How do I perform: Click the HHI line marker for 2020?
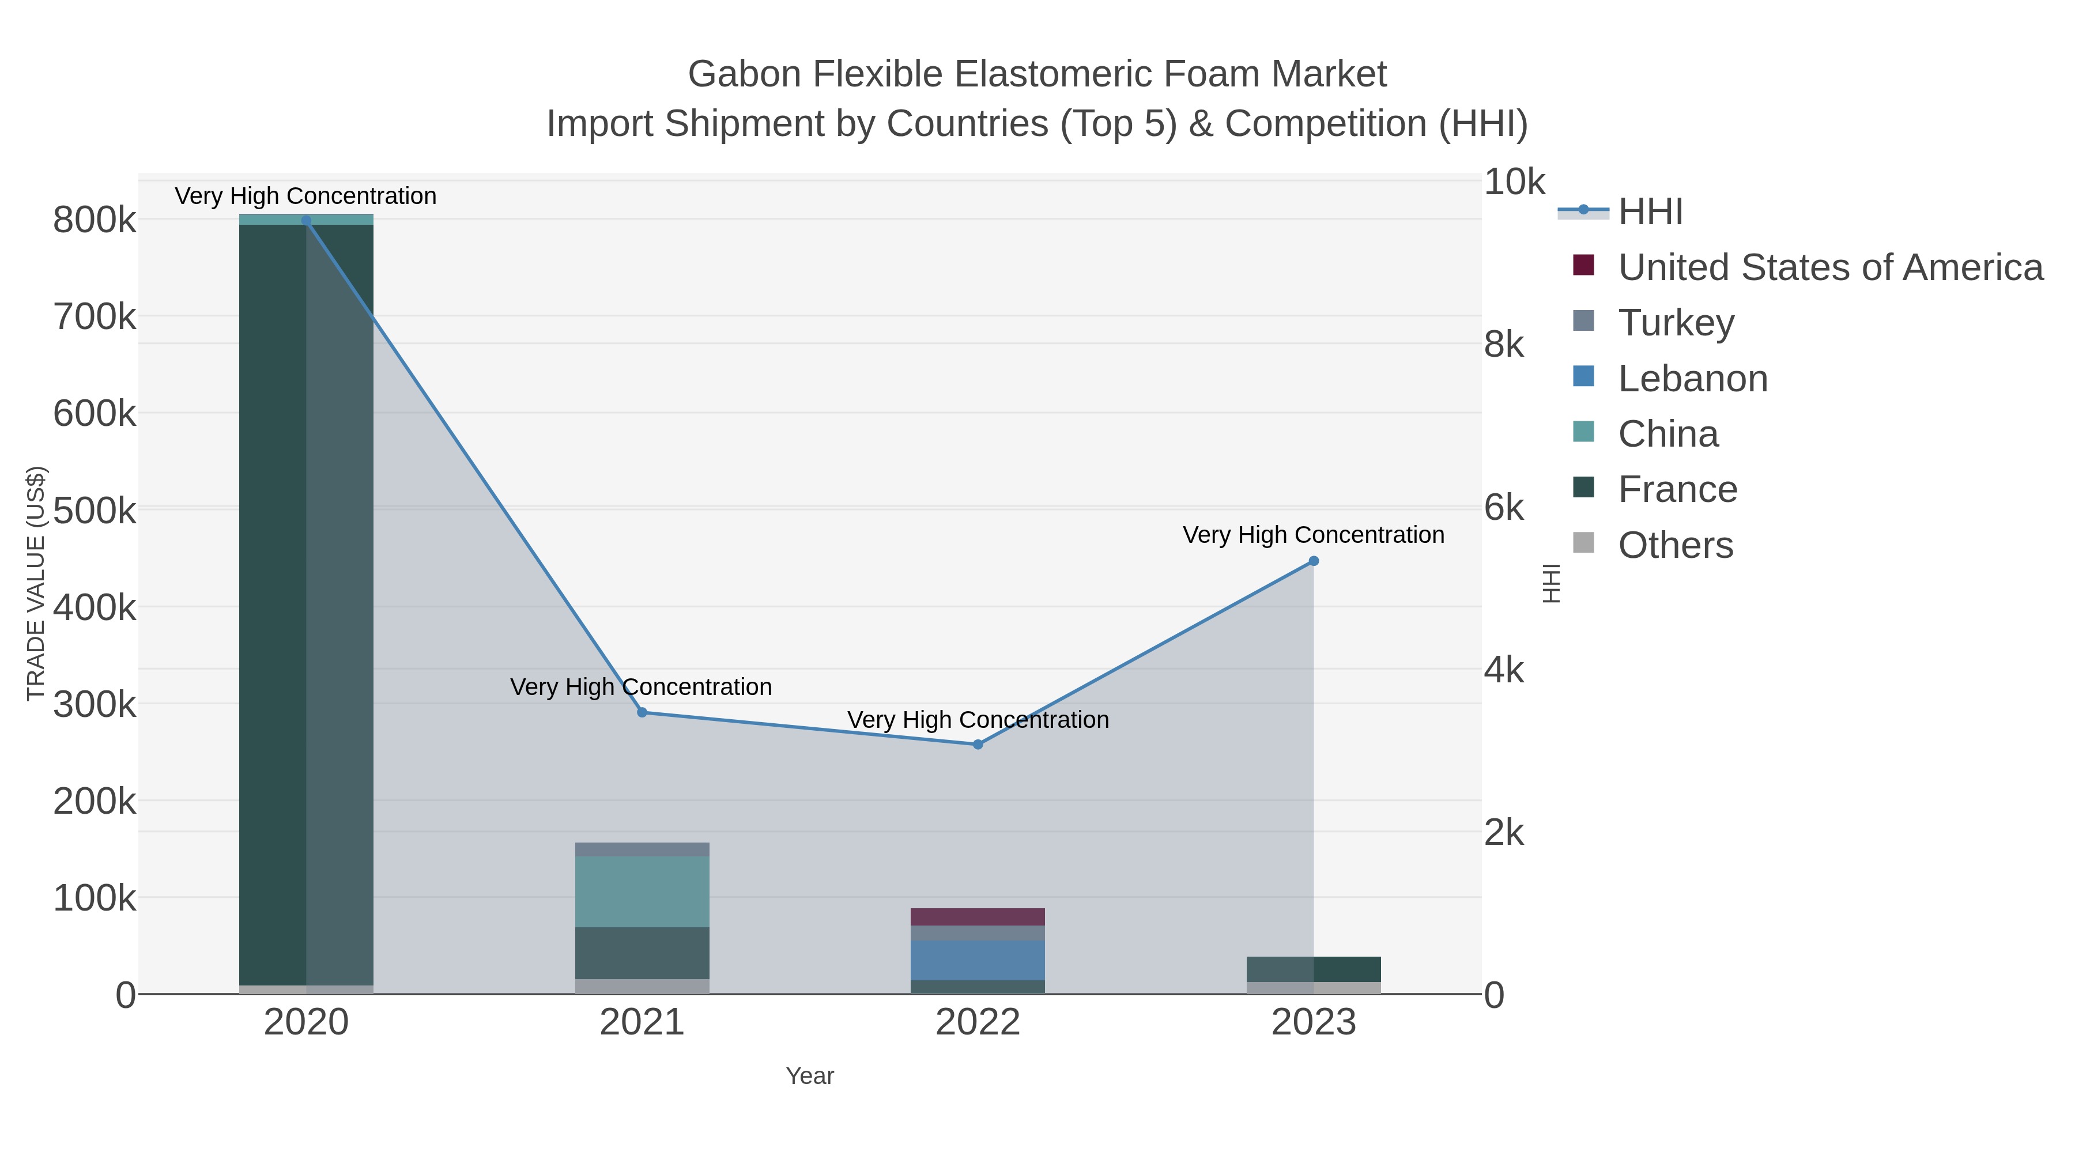(306, 221)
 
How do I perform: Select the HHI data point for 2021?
(642, 712)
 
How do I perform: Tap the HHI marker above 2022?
(978, 744)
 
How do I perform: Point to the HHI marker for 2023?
(1314, 561)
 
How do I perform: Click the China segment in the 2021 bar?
(642, 892)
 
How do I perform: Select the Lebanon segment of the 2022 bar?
(978, 960)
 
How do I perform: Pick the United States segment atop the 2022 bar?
(978, 916)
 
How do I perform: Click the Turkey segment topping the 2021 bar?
(642, 849)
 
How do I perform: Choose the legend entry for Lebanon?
(1692, 379)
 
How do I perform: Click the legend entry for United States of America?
(1830, 267)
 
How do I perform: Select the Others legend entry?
(1676, 545)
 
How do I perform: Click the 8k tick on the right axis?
(1504, 345)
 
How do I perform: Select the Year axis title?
(810, 1076)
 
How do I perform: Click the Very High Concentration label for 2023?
(1313, 535)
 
